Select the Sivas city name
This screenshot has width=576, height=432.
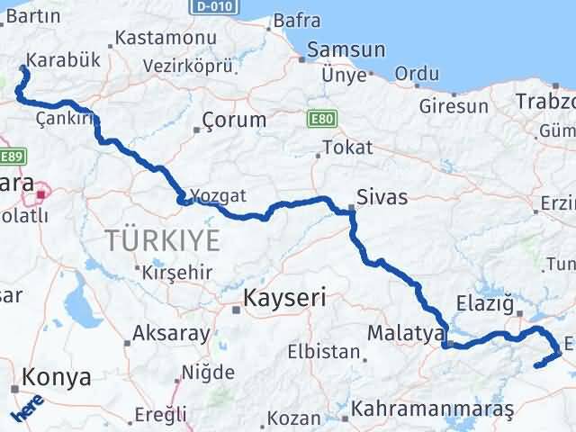pos(382,197)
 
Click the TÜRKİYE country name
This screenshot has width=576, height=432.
pos(163,240)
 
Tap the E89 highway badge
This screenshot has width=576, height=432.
pos(10,157)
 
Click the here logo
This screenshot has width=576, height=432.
pos(27,410)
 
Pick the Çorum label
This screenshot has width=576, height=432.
pos(234,120)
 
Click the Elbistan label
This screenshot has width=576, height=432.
pos(324,351)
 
